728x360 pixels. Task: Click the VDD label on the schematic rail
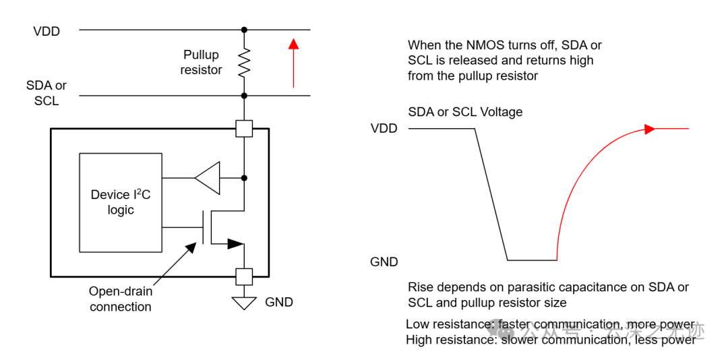pos(47,31)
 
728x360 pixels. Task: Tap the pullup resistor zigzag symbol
pos(244,63)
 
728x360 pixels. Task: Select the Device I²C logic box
pos(121,202)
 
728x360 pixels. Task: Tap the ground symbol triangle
pos(243,303)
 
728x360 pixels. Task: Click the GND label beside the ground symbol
pos(279,302)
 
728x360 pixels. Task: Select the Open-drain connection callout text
pos(121,299)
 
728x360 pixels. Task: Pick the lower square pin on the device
pos(244,276)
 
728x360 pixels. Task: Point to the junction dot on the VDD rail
pos(244,30)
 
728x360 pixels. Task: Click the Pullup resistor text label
pos(201,62)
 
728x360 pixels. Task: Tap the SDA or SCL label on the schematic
pos(47,93)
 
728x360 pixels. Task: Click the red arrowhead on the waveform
pos(650,129)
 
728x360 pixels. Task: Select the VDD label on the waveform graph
pos(384,128)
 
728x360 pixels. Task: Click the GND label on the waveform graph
pos(384,262)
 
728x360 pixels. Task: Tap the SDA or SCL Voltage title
pos(465,112)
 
